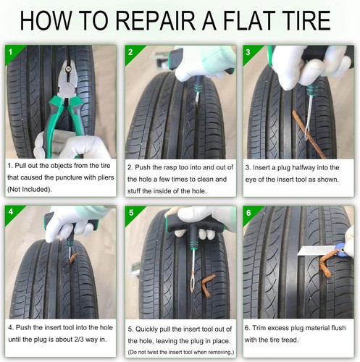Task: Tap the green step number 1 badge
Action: (10, 52)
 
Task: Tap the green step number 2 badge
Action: (130, 52)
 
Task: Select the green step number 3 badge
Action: (248, 52)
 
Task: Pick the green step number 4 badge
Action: (10, 212)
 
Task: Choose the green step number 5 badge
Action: (130, 212)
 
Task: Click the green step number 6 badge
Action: (248, 212)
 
